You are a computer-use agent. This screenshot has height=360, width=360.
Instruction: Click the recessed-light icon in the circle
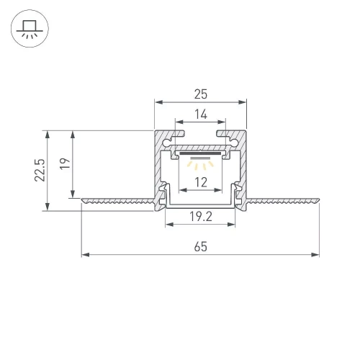click(x=30, y=30)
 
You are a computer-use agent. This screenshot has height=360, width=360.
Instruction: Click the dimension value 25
click(x=200, y=93)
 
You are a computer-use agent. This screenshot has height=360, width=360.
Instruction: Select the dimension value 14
click(x=200, y=113)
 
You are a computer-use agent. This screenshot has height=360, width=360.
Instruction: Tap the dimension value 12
click(x=200, y=181)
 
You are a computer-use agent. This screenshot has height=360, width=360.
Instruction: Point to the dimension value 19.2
click(x=200, y=215)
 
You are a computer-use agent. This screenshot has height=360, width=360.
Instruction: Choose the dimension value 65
click(x=200, y=246)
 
